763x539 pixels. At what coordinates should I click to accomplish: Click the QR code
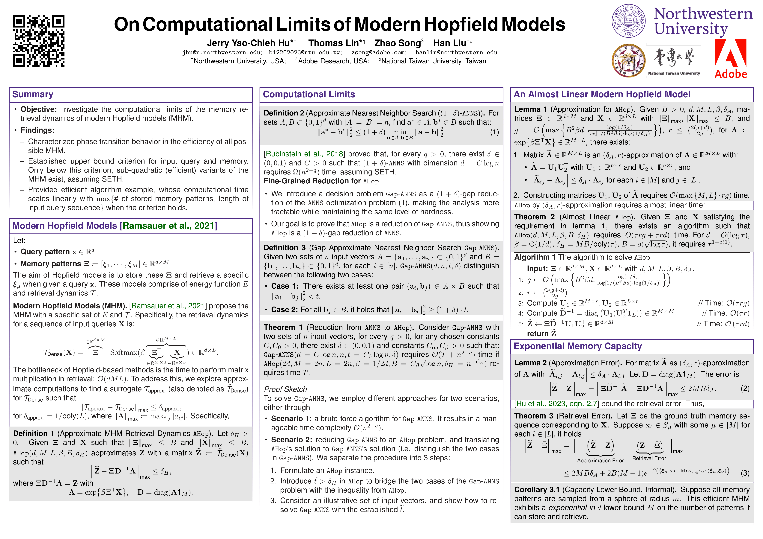(39, 41)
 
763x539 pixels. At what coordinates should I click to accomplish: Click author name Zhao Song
(398, 43)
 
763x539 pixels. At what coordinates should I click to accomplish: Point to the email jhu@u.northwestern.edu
(222, 52)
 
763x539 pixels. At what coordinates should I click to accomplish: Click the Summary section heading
(33, 95)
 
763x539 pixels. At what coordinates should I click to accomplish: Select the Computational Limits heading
(309, 95)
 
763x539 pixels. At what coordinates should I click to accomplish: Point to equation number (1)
(494, 132)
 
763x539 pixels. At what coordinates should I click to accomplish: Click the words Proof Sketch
(285, 389)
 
